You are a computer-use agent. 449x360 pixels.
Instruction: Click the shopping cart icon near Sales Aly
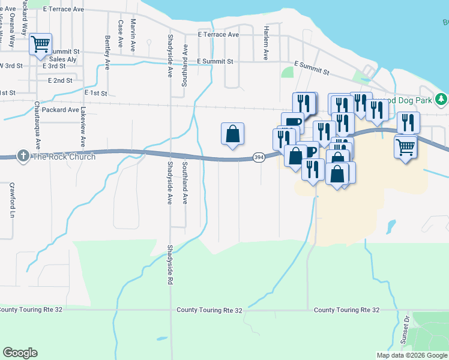coord(40,44)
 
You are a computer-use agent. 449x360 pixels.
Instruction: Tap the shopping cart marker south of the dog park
coord(406,146)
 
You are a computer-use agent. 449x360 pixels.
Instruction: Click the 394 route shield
coord(259,157)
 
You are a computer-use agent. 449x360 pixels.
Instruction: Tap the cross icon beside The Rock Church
coord(23,157)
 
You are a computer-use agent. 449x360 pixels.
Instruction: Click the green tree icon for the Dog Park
coord(441,99)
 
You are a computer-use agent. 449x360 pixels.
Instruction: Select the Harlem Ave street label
coord(265,43)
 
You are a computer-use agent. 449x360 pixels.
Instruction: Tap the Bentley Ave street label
coord(108,52)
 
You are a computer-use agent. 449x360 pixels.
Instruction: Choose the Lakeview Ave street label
coord(83,127)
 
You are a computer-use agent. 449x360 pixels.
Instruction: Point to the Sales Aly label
coord(63,59)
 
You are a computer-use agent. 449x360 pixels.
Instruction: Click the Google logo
coord(20,352)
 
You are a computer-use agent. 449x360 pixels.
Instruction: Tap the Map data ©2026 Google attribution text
coord(412,355)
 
